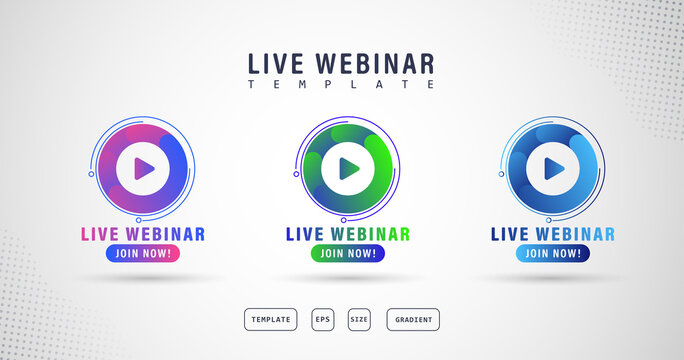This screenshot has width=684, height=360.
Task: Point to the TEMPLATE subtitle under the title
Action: coord(341,85)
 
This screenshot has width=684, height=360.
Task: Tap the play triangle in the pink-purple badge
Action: coord(142,168)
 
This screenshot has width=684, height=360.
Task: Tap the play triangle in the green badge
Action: coord(347,168)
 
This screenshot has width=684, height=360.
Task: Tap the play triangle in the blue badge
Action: coord(551,168)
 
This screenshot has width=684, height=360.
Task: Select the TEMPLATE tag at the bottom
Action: coord(271,320)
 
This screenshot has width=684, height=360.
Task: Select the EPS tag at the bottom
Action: coord(323,320)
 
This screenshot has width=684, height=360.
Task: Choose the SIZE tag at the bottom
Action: coord(359,320)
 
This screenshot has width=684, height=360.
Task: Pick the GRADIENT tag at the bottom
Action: coord(413,320)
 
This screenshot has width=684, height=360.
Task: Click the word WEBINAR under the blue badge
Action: coord(572,234)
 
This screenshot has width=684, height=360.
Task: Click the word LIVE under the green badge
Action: coord(302,234)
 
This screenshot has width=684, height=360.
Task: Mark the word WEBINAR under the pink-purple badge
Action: coord(163,234)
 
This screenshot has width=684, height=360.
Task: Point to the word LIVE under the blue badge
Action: coord(508,234)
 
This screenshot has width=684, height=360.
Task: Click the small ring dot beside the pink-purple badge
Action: coord(91,174)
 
